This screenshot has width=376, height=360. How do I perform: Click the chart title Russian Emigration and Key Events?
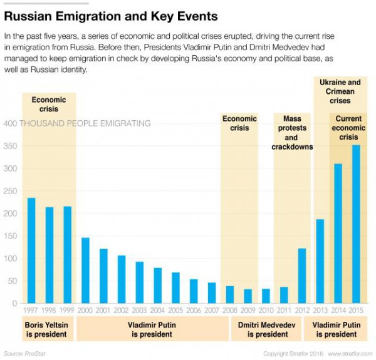[111, 16]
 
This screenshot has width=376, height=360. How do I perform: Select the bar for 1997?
[31, 250]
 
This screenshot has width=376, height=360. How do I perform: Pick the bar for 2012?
[302, 275]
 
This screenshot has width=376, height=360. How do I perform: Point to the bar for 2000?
[85, 270]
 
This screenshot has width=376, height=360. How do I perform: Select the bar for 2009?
[248, 296]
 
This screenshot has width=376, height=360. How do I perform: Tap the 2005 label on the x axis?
[175, 310]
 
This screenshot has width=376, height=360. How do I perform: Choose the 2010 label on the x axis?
[266, 310]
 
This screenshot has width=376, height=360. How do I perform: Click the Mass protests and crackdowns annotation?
[292, 133]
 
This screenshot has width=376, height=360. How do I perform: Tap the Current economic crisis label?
[348, 128]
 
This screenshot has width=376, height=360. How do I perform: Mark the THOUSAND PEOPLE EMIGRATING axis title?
[85, 123]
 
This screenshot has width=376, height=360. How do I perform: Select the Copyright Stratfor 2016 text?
[292, 353]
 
